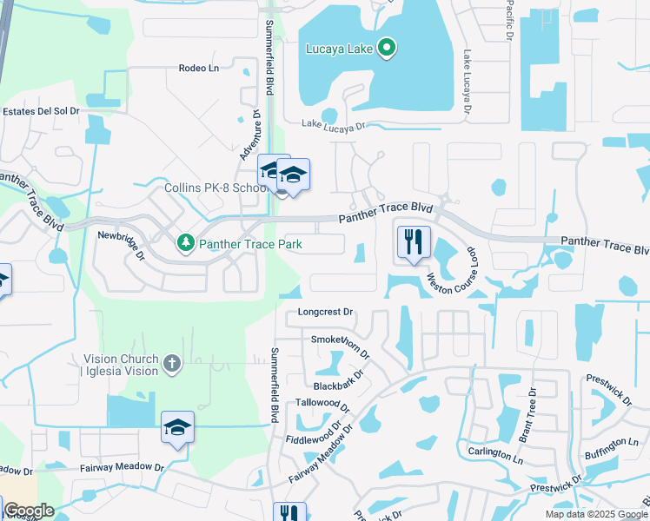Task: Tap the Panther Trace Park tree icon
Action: point(185,243)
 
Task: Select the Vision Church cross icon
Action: point(172,364)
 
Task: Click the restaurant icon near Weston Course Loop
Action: point(413,241)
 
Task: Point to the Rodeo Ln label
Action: point(198,69)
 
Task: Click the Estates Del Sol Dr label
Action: point(41,111)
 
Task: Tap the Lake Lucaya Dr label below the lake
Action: point(333,127)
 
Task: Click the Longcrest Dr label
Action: point(326,312)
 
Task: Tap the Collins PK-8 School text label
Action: point(215,188)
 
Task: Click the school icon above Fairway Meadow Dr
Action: point(177,427)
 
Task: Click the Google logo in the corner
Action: point(28,511)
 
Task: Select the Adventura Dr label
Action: point(250,132)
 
